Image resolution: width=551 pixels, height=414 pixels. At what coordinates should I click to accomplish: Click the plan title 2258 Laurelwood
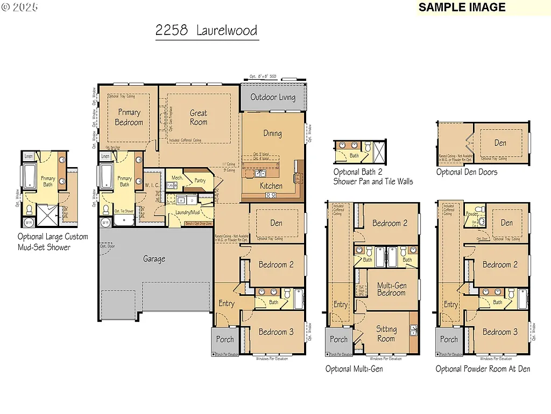[206, 30]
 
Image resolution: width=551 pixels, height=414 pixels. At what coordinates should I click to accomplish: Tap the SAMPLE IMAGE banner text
[462, 8]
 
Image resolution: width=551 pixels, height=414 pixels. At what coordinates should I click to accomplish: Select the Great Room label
[199, 118]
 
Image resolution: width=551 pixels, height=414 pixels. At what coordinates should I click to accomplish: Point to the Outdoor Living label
[273, 97]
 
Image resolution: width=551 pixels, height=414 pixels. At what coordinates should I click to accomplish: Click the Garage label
[154, 259]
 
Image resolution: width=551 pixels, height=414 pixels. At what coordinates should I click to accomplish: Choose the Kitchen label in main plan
[271, 185]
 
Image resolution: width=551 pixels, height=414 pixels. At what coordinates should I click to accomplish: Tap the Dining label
[272, 133]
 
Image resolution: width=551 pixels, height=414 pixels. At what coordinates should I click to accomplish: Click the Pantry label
[200, 181]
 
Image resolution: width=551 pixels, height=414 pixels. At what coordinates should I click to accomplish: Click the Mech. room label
[178, 177]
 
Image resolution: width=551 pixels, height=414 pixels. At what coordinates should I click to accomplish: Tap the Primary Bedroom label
[129, 118]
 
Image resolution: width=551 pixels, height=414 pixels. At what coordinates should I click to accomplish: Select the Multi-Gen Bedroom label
[391, 289]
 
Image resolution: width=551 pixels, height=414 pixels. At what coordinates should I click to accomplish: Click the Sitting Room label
[386, 334]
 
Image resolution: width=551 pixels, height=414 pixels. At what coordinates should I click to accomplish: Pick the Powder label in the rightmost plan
[472, 214]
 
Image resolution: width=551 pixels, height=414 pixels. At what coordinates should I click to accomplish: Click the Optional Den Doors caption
[467, 172]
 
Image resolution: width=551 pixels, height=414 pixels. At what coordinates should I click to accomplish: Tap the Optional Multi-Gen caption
[354, 369]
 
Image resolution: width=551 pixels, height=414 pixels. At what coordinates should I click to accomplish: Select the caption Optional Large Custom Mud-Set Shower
[52, 241]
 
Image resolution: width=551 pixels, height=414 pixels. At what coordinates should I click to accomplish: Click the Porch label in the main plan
[225, 340]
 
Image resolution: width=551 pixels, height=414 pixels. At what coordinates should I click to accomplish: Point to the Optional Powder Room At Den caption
[483, 369]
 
